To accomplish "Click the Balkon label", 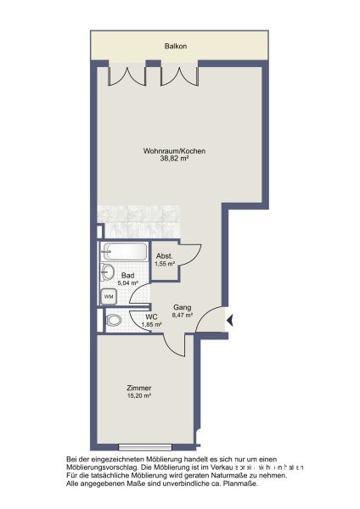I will [177, 47].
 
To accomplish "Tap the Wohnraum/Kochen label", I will [174, 151].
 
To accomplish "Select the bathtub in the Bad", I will [124, 252].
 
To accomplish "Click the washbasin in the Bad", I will [107, 271].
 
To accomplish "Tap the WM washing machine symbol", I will [109, 296].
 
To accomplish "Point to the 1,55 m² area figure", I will [164, 264].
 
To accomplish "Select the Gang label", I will [182, 307].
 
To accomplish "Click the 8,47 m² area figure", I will [182, 315].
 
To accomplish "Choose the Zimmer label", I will [140, 388].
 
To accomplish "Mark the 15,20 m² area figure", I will [140, 395].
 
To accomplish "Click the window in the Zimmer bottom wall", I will [145, 446].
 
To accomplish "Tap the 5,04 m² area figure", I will [128, 283].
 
